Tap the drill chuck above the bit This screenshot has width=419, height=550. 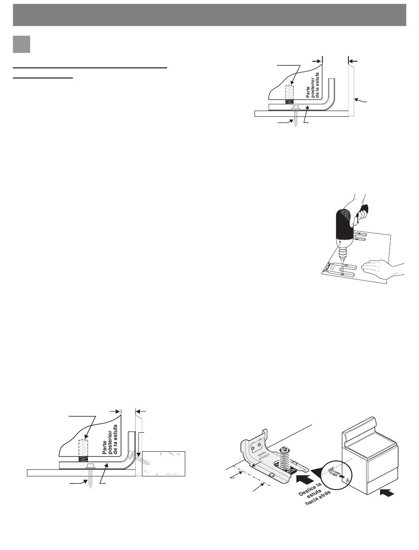(343, 252)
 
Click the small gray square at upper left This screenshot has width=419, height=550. (22, 44)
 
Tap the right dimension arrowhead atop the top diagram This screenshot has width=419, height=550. (352, 59)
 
